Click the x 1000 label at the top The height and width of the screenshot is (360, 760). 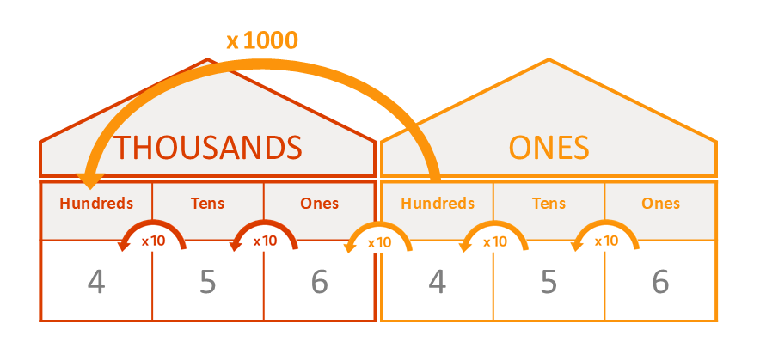pyautogui.click(x=261, y=40)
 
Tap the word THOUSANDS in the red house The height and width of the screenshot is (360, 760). pyautogui.click(x=207, y=147)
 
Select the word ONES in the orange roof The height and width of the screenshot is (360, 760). pyautogui.click(x=549, y=147)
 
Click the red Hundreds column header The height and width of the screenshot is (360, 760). pyautogui.click(x=96, y=203)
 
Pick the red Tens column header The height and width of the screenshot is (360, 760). pyautogui.click(x=207, y=203)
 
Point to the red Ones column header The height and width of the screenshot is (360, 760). pyautogui.click(x=320, y=203)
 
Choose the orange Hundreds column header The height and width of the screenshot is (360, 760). pyautogui.click(x=438, y=203)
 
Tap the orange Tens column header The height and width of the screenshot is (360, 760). pyautogui.click(x=549, y=203)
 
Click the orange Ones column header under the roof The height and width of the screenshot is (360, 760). pyautogui.click(x=660, y=203)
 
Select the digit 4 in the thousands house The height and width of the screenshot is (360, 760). pyautogui.click(x=96, y=282)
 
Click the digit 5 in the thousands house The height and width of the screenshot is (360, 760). pyautogui.click(x=207, y=282)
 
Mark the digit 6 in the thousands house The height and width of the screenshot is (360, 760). pyautogui.click(x=320, y=282)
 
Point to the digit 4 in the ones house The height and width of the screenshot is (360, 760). pyautogui.click(x=438, y=282)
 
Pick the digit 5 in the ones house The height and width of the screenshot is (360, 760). pyautogui.click(x=549, y=282)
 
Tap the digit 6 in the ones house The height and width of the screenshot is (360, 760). pyautogui.click(x=660, y=282)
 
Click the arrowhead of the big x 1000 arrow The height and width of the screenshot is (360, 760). pyautogui.click(x=90, y=181)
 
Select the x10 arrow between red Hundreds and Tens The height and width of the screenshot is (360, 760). pyautogui.click(x=152, y=223)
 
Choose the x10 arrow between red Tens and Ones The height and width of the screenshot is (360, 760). pyautogui.click(x=264, y=223)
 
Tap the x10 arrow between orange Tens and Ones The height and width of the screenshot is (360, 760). pyautogui.click(x=605, y=223)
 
